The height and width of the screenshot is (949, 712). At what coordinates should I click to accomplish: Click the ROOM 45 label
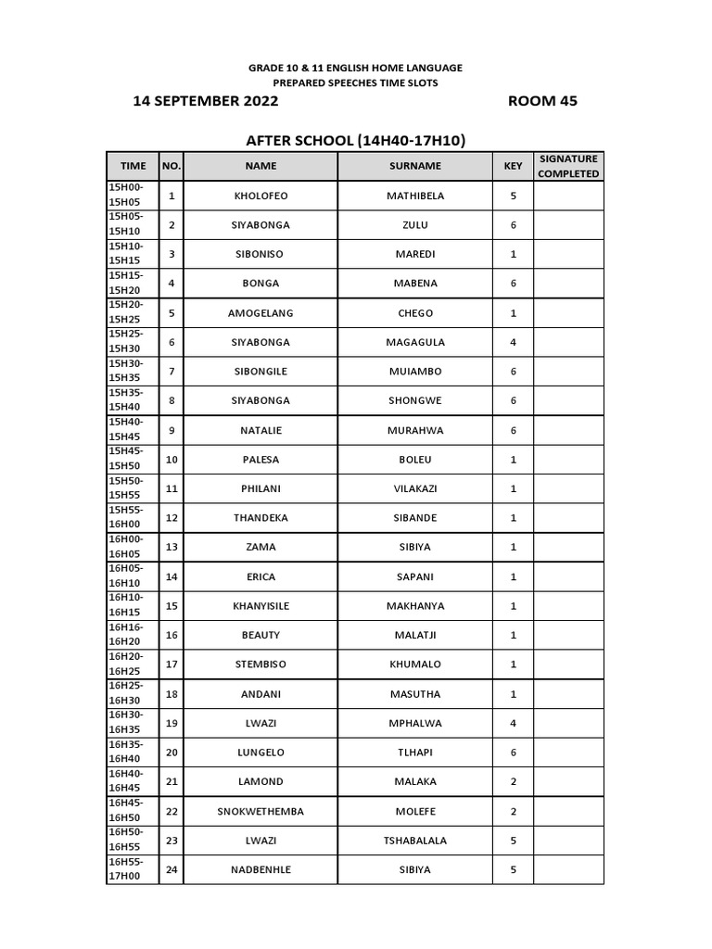point(542,101)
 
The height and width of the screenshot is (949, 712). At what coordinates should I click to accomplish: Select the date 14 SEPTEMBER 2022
point(205,101)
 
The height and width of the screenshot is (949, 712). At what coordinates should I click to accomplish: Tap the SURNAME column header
point(415,166)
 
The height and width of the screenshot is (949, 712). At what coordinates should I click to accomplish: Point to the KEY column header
point(513,166)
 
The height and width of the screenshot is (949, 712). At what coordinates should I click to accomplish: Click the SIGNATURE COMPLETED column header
point(568,166)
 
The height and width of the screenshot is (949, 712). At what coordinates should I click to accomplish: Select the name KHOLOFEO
point(261,196)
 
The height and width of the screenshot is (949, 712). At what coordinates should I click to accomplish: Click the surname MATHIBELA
point(415,196)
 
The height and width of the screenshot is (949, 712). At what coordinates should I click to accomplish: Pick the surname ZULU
point(415,225)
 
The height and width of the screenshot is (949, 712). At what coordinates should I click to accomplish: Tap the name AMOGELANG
point(261,313)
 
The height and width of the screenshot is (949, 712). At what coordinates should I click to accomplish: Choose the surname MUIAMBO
point(415,372)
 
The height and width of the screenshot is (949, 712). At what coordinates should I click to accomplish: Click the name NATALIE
point(261,430)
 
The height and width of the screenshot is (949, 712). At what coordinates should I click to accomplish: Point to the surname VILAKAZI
point(415,488)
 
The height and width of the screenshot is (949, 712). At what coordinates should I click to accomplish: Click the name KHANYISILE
point(261,605)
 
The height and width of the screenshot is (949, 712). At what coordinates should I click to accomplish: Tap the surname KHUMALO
point(415,664)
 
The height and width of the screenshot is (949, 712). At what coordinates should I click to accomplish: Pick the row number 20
point(171,753)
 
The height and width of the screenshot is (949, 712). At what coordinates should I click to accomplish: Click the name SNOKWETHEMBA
point(261,811)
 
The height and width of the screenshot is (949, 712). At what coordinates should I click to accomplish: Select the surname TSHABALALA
point(415,841)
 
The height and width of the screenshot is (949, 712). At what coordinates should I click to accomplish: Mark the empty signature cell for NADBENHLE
point(568,869)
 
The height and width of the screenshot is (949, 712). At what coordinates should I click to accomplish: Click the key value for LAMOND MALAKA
point(513,781)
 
